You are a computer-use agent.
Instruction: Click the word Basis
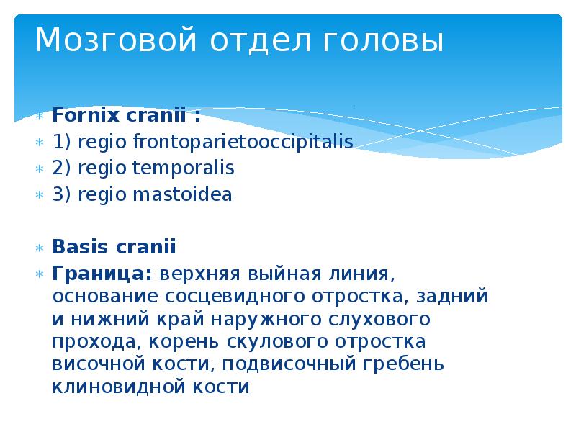(76, 248)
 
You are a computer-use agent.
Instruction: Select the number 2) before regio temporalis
(60, 168)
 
